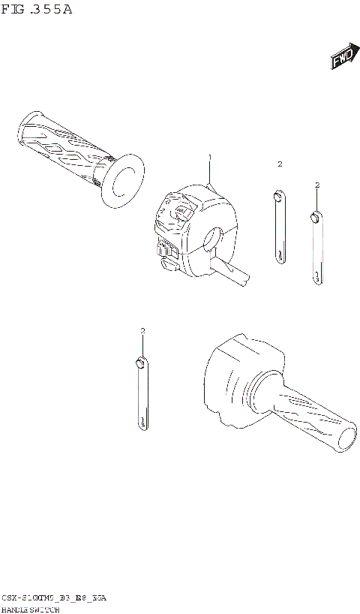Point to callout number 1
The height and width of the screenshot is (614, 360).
coord(210,158)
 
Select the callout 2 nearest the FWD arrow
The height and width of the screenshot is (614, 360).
coord(317,185)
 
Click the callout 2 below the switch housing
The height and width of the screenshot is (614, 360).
coord(142,331)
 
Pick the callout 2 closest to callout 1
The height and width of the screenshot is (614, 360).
coord(279,164)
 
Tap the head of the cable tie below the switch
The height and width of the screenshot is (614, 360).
coord(139,364)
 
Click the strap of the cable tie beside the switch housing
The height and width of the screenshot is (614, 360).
coord(278,233)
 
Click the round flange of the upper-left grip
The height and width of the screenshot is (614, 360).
coord(121,180)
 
